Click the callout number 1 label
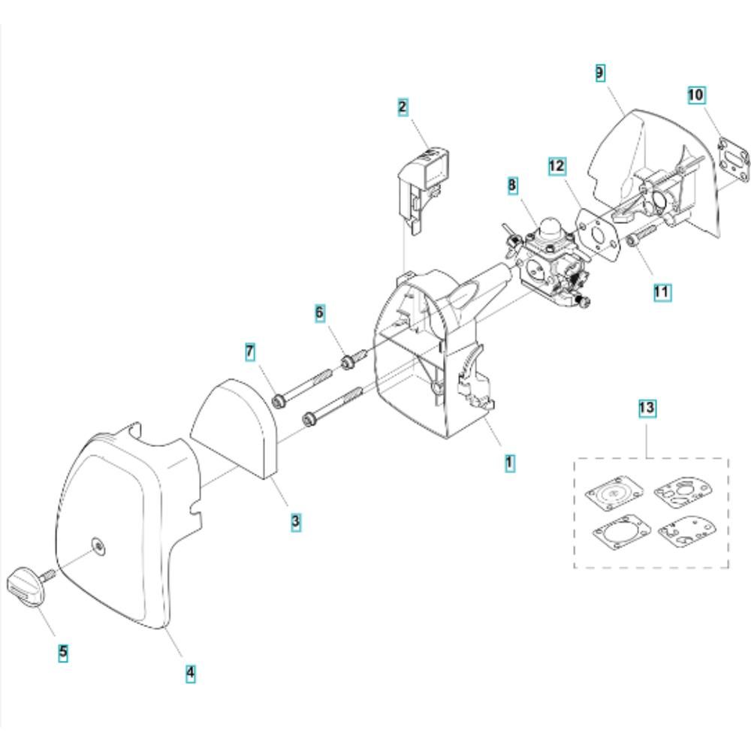click(510, 463)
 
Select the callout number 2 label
click(403, 107)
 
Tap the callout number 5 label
click(63, 652)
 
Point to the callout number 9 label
click(600, 73)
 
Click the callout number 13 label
click(647, 408)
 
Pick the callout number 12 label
click(557, 166)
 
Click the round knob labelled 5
click(26, 587)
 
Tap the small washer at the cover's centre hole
click(99, 546)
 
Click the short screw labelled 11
click(641, 236)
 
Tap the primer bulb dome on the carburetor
click(550, 228)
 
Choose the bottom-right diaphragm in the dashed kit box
click(682, 532)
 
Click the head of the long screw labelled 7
click(279, 401)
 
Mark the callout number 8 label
click(512, 185)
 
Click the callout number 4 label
click(190, 673)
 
